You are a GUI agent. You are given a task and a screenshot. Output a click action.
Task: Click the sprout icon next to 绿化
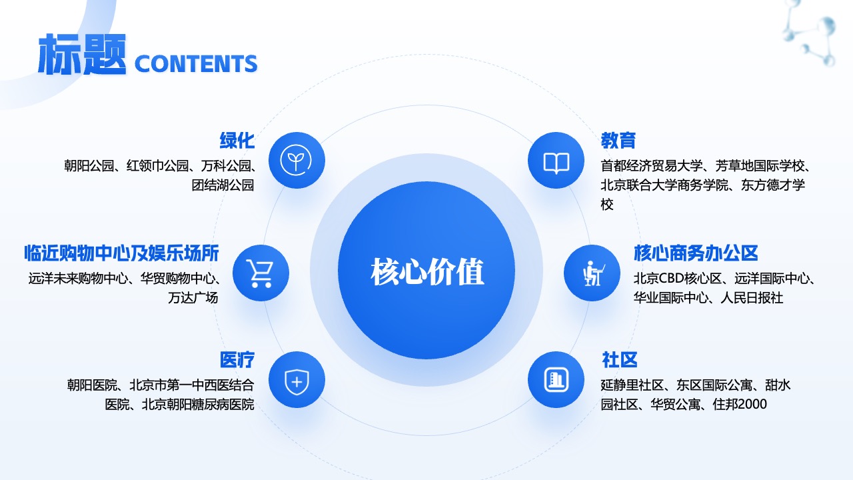296,160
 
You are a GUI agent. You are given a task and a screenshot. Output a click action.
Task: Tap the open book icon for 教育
556,163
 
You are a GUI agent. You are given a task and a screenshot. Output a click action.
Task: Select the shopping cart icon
260,273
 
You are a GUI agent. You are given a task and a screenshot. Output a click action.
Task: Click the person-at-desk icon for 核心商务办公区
593,273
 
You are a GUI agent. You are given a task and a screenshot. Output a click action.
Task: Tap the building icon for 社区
556,380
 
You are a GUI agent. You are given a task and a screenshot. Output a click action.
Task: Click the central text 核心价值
427,271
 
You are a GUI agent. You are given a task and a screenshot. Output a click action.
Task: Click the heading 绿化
237,140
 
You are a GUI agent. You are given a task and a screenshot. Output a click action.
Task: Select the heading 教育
618,140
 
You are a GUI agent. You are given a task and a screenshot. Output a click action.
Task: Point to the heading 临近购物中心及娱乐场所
121,253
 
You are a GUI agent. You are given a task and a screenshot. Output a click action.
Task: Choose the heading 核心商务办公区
696,253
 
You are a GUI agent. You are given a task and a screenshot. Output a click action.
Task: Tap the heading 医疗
237,359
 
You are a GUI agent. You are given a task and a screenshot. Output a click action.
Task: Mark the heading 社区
620,359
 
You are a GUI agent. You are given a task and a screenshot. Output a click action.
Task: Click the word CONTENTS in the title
196,63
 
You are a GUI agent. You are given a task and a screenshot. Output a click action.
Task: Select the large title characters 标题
82,54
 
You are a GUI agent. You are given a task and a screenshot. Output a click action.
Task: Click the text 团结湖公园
223,185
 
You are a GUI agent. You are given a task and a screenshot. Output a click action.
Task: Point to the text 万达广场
193,297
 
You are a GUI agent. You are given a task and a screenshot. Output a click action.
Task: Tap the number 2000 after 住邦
752,404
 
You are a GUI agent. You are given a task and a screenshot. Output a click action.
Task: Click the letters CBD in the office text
671,279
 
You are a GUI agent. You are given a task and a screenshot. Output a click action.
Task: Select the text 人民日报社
752,297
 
